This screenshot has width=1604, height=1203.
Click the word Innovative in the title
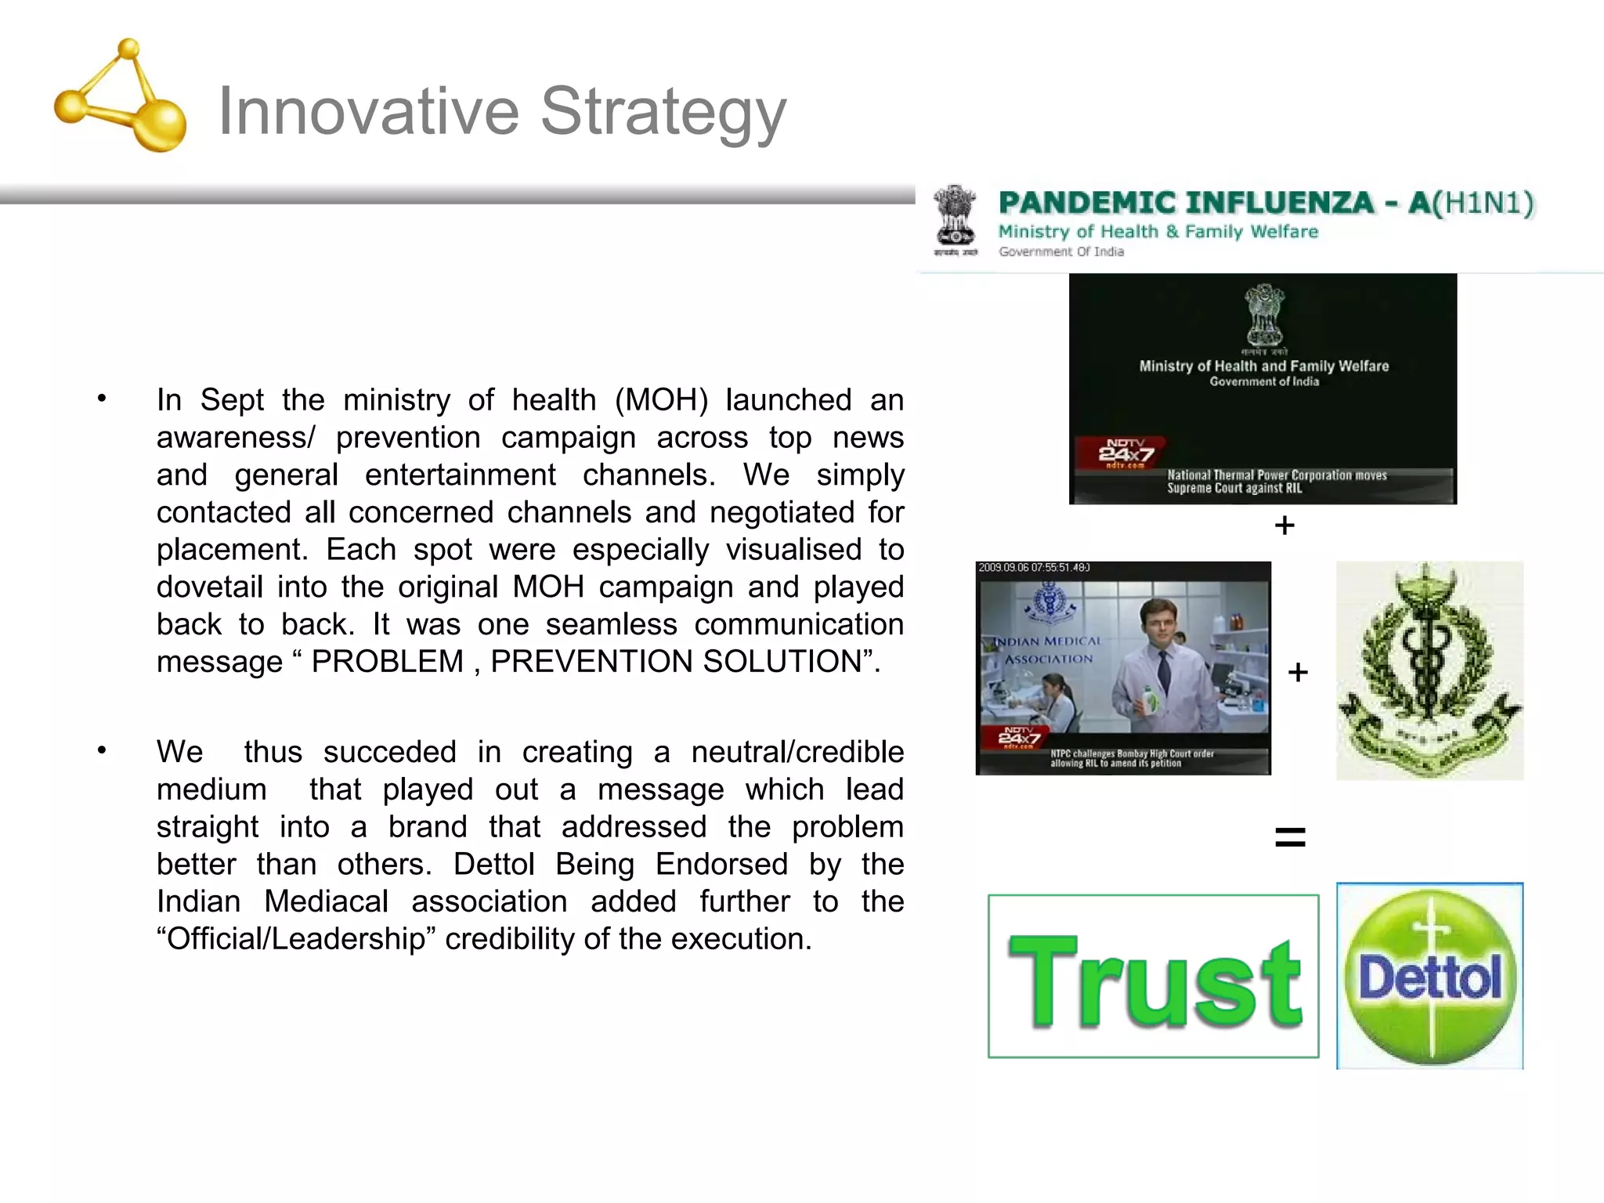(x=368, y=111)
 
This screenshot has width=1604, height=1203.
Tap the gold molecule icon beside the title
(x=121, y=97)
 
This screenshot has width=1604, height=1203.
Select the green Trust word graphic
(x=1154, y=980)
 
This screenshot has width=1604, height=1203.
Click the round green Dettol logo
(x=1429, y=977)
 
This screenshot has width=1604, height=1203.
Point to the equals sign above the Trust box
(x=1290, y=837)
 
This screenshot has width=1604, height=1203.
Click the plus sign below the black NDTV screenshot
(x=1284, y=526)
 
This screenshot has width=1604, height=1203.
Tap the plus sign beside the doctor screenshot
(x=1298, y=672)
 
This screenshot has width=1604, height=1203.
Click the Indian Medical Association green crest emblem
(x=1429, y=670)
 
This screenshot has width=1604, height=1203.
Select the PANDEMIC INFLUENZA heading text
(x=1186, y=203)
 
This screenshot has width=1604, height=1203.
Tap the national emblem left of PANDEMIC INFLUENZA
(x=955, y=219)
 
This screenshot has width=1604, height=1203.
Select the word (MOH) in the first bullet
(x=661, y=400)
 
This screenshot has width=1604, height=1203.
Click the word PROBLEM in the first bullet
(x=388, y=662)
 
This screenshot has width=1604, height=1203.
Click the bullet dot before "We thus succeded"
(x=102, y=751)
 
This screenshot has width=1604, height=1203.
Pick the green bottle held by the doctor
(x=1149, y=699)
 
